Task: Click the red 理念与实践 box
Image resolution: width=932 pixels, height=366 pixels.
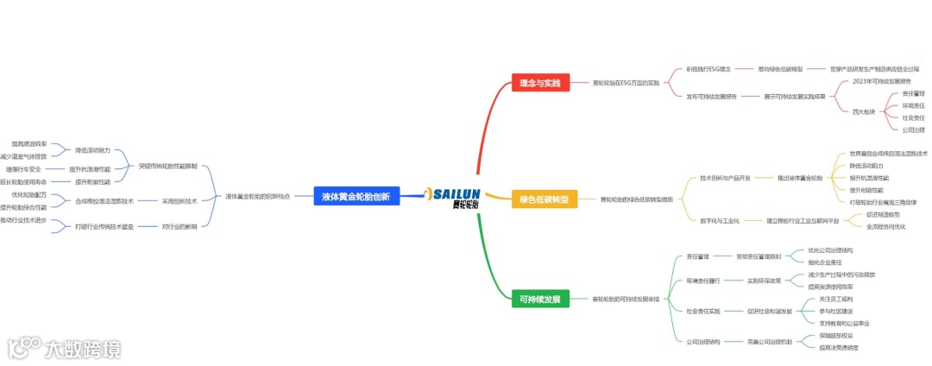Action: pos(539,83)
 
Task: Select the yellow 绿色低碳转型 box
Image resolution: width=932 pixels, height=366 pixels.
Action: pos(544,199)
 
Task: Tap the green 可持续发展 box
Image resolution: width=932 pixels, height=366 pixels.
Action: pos(540,300)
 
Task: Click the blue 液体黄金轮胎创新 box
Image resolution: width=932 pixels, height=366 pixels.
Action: pos(356,197)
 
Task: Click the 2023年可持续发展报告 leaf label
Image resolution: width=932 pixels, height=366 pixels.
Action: pos(880,81)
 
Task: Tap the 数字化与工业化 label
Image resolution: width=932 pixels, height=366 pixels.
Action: pos(720,221)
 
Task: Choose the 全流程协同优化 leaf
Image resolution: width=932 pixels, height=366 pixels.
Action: pos(886,226)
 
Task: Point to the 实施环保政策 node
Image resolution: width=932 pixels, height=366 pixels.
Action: pos(764,281)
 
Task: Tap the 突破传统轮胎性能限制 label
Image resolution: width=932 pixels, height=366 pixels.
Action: pos(168,165)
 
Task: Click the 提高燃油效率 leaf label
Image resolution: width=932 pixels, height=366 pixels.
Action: pos(29,144)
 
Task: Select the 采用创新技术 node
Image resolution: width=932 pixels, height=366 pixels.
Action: pos(179,201)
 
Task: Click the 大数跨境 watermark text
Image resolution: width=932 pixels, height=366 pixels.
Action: pos(84,349)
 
